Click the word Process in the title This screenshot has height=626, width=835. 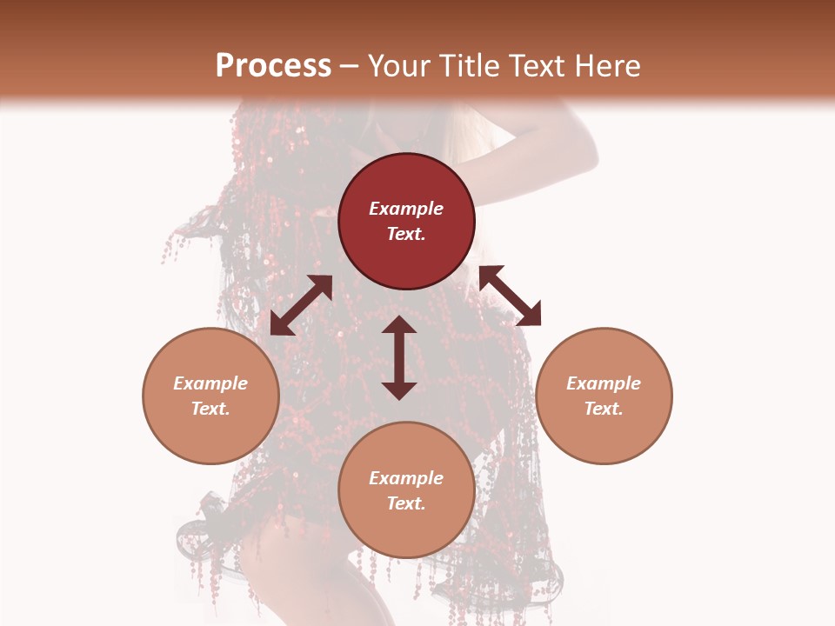point(273,66)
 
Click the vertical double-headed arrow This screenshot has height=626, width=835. point(399,357)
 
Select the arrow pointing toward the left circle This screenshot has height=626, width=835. point(301,305)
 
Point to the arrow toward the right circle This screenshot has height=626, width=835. point(511,296)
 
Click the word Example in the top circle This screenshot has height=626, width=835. point(406,209)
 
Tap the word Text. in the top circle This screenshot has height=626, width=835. point(406,234)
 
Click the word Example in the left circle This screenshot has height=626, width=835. point(210,383)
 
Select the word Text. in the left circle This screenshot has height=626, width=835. point(210,409)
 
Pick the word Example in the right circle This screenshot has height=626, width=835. point(604,383)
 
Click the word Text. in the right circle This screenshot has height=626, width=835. point(604,409)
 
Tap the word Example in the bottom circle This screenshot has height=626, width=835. point(406,478)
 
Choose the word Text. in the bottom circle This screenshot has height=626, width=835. point(406,503)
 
